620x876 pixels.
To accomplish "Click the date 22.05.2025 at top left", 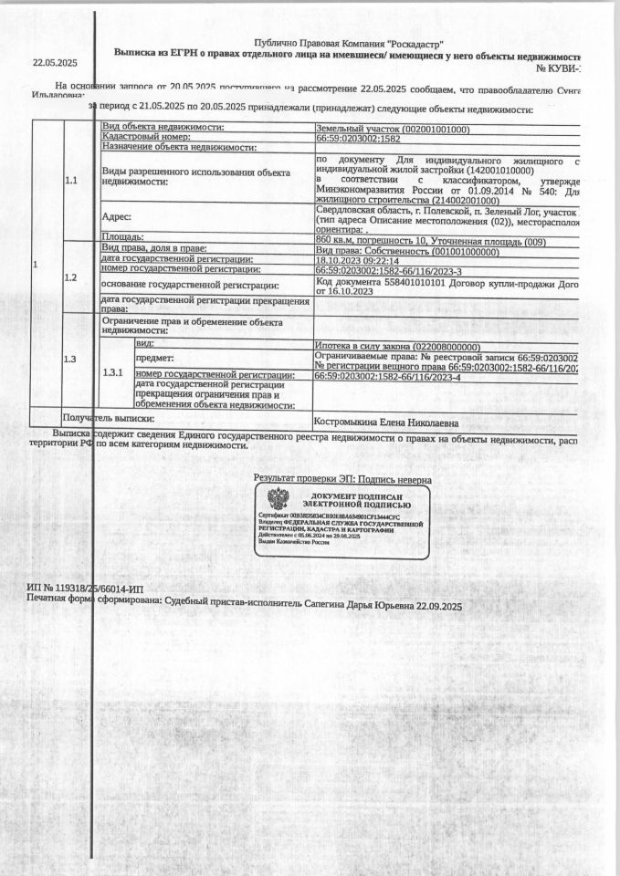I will click(55, 63).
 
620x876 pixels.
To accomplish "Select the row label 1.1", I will click(71, 180).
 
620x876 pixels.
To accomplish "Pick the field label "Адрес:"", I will click(117, 217).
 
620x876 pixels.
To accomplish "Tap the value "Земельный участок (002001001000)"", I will click(393, 128).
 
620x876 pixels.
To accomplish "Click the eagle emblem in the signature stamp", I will click(278, 499).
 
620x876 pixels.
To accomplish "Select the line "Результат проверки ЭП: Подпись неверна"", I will click(342, 479).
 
